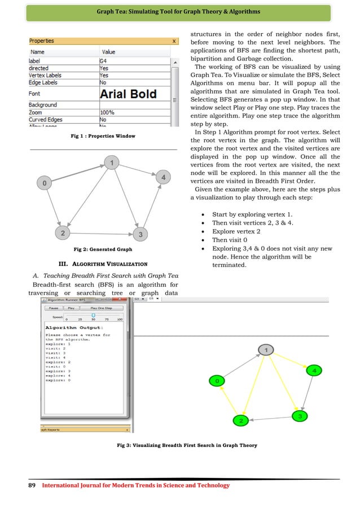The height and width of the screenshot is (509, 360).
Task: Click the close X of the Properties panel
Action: click(174, 41)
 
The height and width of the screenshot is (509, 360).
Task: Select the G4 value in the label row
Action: click(104, 60)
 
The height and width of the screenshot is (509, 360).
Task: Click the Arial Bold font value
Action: click(129, 94)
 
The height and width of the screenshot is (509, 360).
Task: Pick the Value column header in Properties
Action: click(108, 51)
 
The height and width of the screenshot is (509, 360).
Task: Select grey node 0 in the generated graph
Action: click(45, 183)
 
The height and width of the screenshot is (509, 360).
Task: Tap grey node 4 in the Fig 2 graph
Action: click(163, 178)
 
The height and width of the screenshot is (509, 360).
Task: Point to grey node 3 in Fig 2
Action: click(141, 234)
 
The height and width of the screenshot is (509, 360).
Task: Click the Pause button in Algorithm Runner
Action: click(54, 309)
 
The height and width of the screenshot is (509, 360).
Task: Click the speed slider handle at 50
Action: click(85, 315)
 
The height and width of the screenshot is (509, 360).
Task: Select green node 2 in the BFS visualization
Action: click(241, 420)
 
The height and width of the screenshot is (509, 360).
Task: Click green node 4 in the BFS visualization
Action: click(314, 370)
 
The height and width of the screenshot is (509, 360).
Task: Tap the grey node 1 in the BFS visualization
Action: click(265, 350)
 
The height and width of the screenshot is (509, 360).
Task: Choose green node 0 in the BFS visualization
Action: click(217, 381)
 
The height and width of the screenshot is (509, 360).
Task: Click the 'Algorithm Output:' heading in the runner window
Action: click(74, 327)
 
